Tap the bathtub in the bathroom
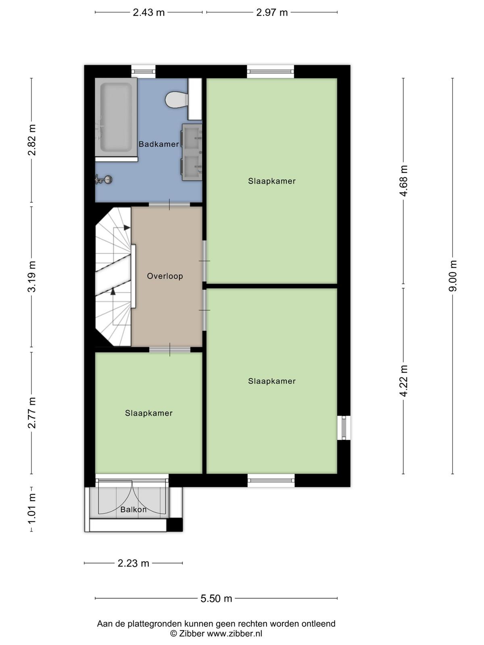[116, 117]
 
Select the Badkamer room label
[159, 144]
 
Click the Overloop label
[165, 276]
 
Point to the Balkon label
[134, 509]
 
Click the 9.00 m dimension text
[453, 276]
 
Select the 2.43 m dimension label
[149, 12]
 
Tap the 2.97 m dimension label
[272, 12]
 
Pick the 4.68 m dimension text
[403, 181]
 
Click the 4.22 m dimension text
[403, 381]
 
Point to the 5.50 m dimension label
[216, 598]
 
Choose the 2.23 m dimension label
[134, 563]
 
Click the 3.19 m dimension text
[32, 277]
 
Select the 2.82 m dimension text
[32, 140]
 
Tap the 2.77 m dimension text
[32, 412]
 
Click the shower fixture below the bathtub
[103, 179]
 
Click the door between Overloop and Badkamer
[169, 204]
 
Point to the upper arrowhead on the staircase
[127, 227]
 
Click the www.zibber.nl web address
[234, 633]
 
